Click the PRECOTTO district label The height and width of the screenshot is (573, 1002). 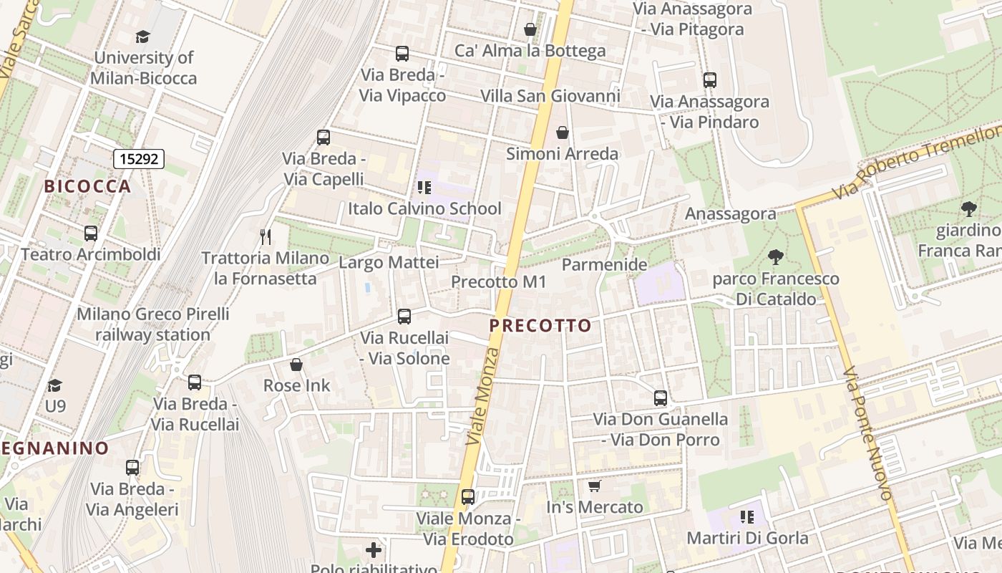(x=540, y=326)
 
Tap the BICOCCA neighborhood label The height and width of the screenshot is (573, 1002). (x=88, y=186)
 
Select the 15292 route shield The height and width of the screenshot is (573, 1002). (x=139, y=159)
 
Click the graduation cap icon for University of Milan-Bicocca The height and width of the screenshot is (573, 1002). (x=143, y=37)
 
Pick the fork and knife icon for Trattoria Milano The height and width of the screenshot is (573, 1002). (x=266, y=236)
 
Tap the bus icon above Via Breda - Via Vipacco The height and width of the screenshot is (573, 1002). (x=402, y=53)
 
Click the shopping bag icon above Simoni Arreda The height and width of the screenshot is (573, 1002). (x=563, y=133)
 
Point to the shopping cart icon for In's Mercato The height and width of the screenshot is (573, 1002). (x=594, y=486)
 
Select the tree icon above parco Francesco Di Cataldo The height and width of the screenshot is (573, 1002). (x=775, y=256)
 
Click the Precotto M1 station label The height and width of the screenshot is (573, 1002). (x=498, y=282)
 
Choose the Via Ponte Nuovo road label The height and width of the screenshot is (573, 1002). (x=867, y=434)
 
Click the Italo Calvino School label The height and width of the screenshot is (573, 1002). (x=424, y=208)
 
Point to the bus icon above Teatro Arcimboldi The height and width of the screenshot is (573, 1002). (x=91, y=233)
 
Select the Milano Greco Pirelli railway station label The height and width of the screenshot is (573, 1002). (x=152, y=324)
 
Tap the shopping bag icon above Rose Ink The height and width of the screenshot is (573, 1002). (x=296, y=365)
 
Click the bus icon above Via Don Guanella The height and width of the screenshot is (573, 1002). (x=661, y=398)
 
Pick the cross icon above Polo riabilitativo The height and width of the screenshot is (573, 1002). (x=374, y=550)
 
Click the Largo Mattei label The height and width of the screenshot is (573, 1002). (x=389, y=263)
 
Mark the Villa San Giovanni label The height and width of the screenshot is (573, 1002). (x=550, y=96)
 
